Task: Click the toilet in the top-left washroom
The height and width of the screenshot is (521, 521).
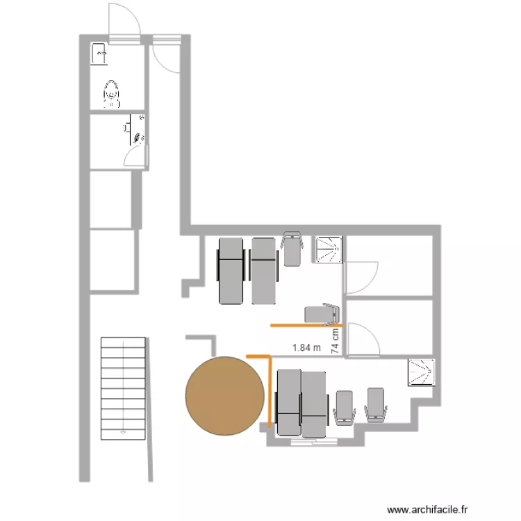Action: [111, 93]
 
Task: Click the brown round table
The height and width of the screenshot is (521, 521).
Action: [225, 396]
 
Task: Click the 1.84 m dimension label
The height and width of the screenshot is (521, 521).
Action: [307, 348]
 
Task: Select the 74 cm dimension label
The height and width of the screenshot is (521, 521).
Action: [336, 342]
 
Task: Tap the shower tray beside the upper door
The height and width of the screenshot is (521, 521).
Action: [329, 250]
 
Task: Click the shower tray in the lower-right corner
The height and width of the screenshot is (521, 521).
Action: [422, 372]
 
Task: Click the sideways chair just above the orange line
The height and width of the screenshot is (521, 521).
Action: [322, 314]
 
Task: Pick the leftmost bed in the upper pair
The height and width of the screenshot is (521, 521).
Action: [231, 271]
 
